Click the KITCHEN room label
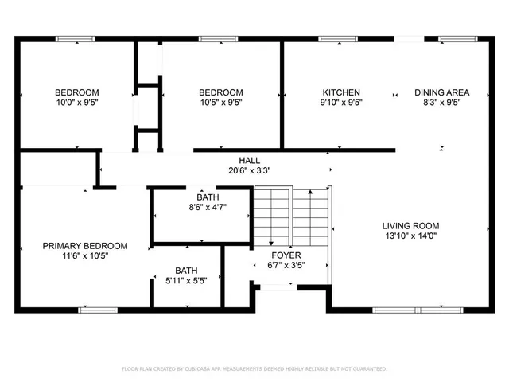coord(340,92)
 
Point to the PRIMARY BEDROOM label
coord(84,246)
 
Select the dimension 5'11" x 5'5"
coord(187,280)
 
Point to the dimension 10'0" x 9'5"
coord(76,102)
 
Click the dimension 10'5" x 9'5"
coord(220,102)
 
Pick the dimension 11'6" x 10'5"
coord(84,256)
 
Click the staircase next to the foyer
coord(290,213)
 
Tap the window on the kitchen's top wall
coord(332,38)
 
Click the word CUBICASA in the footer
coord(206,369)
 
